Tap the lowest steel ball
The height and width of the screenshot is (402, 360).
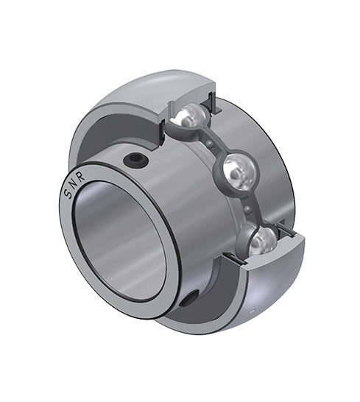[x=263, y=239]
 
